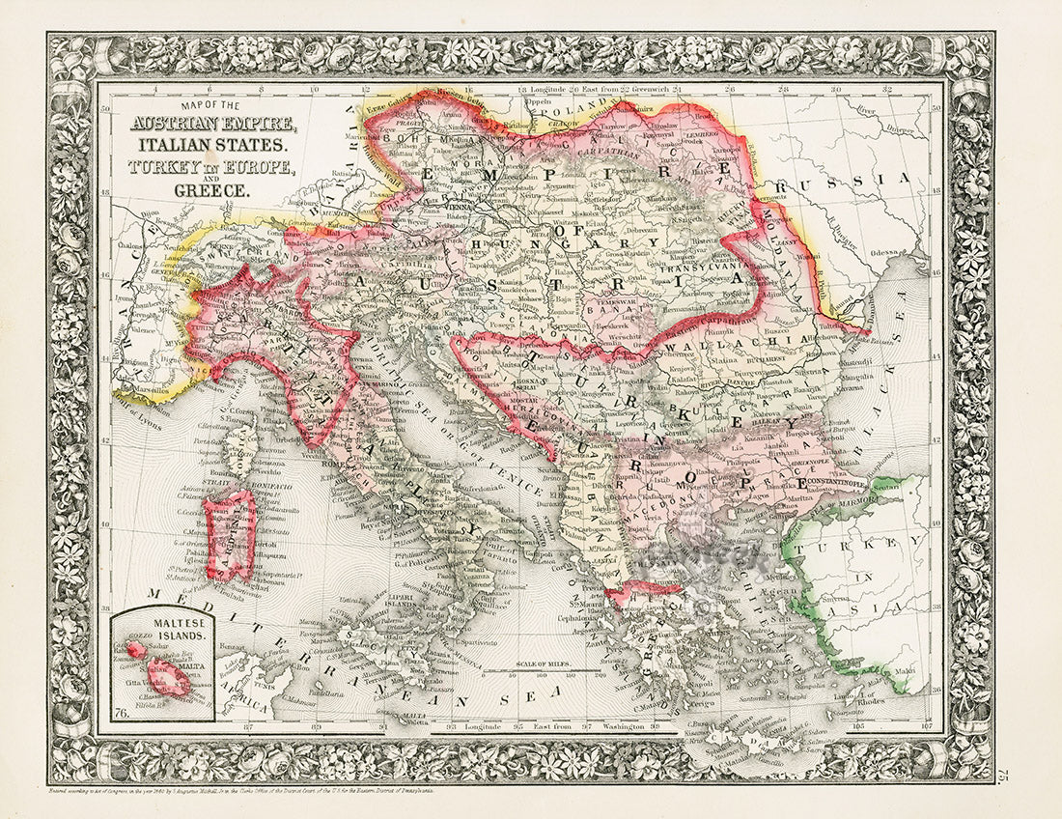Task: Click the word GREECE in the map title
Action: point(211,190)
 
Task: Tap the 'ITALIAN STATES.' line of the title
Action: point(211,145)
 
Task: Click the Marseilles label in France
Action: point(142,388)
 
